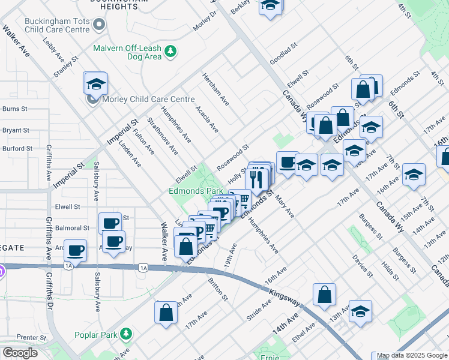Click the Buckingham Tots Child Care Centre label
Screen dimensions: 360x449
(57, 25)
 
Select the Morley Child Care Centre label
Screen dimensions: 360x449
(148, 99)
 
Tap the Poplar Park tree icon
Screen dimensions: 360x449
(126, 333)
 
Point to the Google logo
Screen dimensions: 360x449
(20, 353)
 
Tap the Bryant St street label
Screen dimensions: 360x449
(16, 130)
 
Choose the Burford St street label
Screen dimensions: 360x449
(16, 148)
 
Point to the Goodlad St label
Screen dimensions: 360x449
(283, 53)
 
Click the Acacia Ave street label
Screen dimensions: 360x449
(207, 120)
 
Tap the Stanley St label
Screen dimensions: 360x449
(66, 67)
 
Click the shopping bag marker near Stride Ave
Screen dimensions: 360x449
(324, 295)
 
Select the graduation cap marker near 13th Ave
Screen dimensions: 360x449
(360, 311)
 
